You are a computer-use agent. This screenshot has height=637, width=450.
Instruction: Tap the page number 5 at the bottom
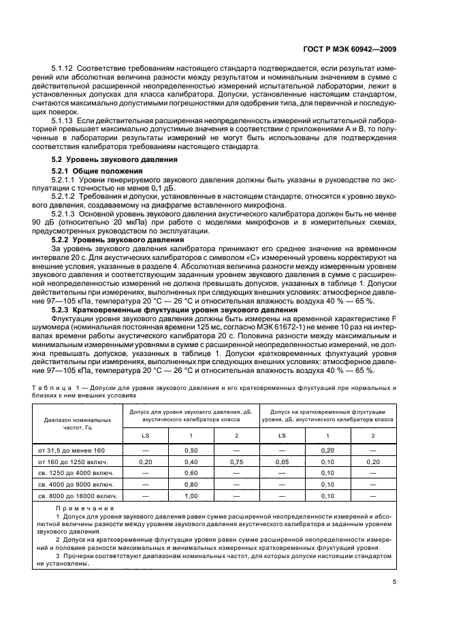[x=395, y=582]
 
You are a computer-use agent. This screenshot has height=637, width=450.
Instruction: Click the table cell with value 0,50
[x=191, y=450]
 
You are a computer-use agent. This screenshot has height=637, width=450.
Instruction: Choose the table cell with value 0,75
[x=236, y=461]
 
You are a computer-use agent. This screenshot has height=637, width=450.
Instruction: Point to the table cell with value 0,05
[x=282, y=461]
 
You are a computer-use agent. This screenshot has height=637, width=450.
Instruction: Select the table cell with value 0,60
[x=191, y=473]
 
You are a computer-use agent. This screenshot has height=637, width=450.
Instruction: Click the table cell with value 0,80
[x=191, y=485]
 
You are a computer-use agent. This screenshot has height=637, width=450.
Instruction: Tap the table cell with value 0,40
[x=191, y=461]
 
